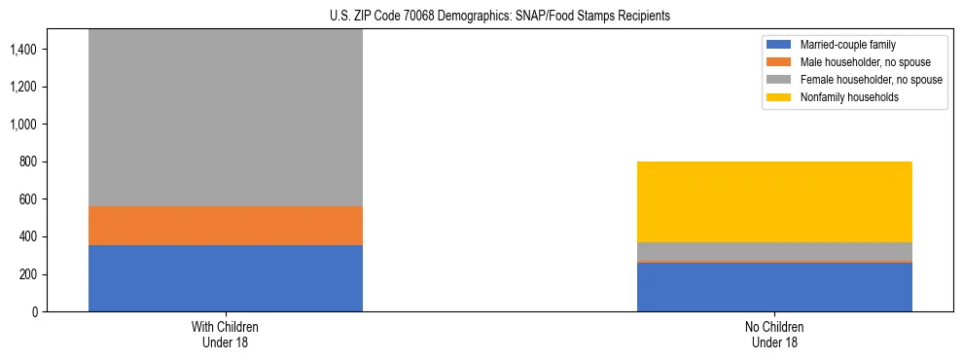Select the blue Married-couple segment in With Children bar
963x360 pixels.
point(225,278)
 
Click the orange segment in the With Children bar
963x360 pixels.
point(225,226)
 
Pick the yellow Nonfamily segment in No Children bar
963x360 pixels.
point(774,201)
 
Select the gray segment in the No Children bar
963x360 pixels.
point(774,251)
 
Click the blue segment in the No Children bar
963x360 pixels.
point(774,287)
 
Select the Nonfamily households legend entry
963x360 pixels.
point(842,97)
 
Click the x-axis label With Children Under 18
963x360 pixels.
point(225,335)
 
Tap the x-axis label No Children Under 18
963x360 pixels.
point(774,335)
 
